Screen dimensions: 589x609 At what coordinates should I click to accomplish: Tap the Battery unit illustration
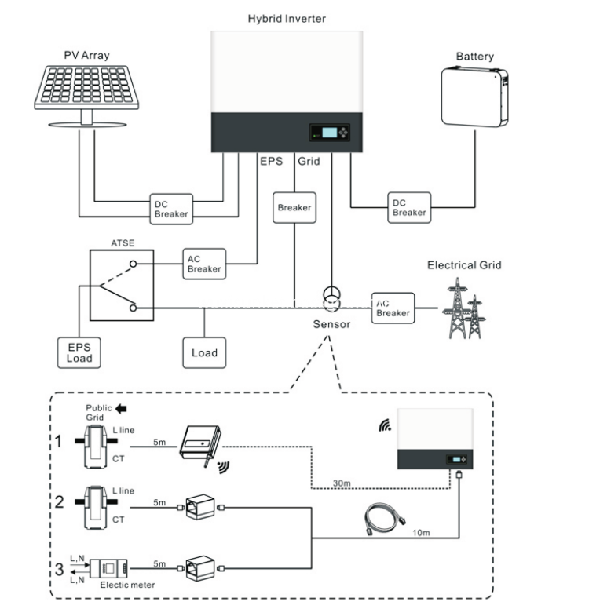pyautogui.click(x=474, y=97)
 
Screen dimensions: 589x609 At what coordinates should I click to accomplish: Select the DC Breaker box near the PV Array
pyautogui.click(x=171, y=210)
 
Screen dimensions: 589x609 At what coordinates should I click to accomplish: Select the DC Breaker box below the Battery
pyautogui.click(x=409, y=208)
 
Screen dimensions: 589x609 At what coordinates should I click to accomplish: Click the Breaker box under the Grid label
pyautogui.click(x=294, y=208)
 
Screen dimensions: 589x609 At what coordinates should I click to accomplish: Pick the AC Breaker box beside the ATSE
pyautogui.click(x=204, y=264)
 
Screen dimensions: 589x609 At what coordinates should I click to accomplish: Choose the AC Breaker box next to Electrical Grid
pyautogui.click(x=393, y=308)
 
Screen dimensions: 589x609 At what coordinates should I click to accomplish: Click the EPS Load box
pyautogui.click(x=79, y=352)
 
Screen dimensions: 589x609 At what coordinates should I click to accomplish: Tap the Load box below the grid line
pyautogui.click(x=204, y=352)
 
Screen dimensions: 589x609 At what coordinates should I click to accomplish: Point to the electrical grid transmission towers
pyautogui.click(x=464, y=308)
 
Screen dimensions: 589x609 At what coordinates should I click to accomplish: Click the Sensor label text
pyautogui.click(x=331, y=324)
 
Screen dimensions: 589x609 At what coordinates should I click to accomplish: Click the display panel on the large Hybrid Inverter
pyautogui.click(x=330, y=133)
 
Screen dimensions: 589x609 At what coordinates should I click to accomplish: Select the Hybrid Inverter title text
pyautogui.click(x=287, y=19)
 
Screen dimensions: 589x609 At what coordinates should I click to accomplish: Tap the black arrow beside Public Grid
pyautogui.click(x=121, y=409)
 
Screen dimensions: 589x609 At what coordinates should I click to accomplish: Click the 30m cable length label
pyautogui.click(x=342, y=483)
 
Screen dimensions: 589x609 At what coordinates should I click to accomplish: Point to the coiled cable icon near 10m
pyautogui.click(x=385, y=520)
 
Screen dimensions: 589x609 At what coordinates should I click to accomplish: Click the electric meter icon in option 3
pyautogui.click(x=108, y=569)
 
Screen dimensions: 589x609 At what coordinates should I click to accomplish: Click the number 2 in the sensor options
pyautogui.click(x=59, y=502)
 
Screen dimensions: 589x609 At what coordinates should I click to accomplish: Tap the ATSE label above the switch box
pyautogui.click(x=123, y=243)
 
